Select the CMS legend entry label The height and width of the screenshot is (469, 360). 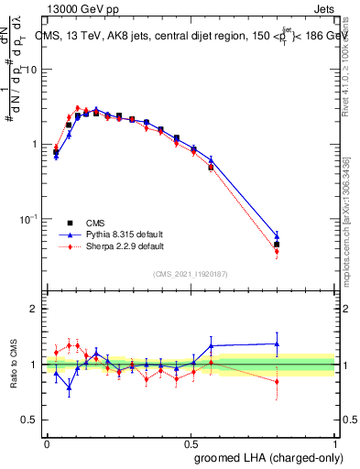tap(96, 223)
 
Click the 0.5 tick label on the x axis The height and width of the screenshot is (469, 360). tap(191, 442)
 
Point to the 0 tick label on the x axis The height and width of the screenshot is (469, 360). tap(47, 442)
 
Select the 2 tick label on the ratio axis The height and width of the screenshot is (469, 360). tap(35, 309)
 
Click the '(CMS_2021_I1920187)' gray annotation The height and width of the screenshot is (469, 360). tap(191, 273)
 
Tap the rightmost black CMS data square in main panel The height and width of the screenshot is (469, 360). tap(277, 245)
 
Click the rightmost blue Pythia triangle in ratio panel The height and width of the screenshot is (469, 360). tap(277, 344)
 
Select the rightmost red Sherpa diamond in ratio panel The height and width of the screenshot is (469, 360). tap(277, 382)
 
